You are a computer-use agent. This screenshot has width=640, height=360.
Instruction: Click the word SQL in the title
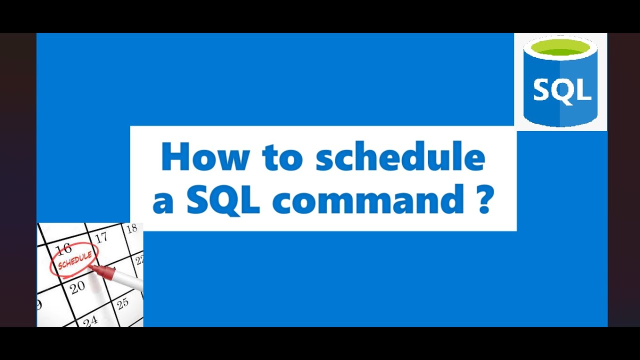(223, 199)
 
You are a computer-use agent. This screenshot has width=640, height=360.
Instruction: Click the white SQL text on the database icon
(562, 90)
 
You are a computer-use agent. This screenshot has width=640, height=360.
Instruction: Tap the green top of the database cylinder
(560, 48)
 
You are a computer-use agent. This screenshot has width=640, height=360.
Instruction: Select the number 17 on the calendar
(101, 237)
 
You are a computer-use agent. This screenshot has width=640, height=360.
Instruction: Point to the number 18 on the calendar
(131, 229)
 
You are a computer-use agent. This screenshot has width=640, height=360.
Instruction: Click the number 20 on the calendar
(77, 287)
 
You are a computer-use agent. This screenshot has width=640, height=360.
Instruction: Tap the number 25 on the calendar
(122, 302)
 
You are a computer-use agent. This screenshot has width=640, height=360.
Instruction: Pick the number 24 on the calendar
(90, 320)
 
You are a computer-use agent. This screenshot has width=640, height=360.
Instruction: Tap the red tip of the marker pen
(94, 268)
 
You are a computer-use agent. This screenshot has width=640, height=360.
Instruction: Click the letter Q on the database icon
(562, 91)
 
